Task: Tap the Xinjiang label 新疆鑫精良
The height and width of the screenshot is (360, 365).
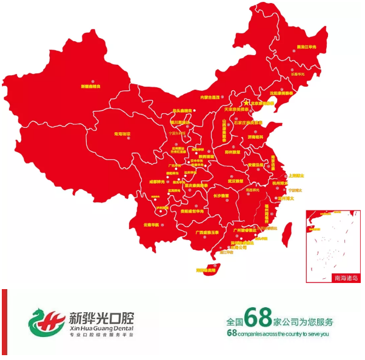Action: coord(90,86)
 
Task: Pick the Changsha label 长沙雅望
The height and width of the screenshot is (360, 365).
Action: coord(221,196)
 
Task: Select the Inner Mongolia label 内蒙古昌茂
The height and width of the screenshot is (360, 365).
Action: coord(209,96)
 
